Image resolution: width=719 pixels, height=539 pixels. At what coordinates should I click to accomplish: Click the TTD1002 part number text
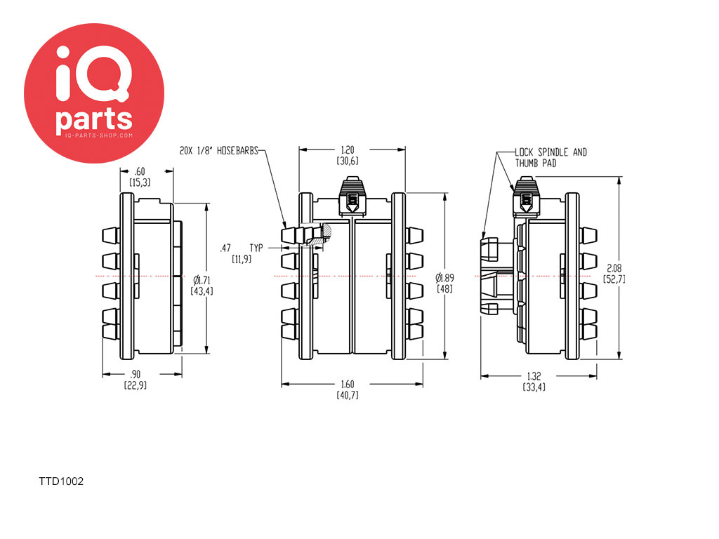61,481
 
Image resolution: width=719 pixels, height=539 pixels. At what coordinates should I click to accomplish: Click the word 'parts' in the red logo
94,120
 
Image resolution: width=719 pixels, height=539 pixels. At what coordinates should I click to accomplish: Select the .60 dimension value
140,171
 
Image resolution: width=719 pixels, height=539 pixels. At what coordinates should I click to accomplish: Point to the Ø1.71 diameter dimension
202,280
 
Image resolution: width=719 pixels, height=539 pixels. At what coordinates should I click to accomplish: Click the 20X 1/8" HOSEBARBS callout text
219,151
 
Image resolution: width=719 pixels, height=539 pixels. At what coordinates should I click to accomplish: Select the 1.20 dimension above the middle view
348,150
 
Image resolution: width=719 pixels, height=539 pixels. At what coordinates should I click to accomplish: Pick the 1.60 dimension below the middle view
348,384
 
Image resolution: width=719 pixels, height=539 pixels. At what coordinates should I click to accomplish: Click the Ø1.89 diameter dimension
444,278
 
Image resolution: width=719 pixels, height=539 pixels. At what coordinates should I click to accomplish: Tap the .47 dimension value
225,248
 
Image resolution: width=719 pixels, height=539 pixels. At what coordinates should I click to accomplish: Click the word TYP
256,248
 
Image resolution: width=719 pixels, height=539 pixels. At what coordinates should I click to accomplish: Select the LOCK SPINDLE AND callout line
550,152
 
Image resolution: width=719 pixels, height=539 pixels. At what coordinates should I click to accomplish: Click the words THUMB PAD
536,163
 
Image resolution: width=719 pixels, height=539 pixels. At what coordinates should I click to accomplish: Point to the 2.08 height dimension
614,268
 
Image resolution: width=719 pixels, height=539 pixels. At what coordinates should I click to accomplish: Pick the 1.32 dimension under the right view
534,376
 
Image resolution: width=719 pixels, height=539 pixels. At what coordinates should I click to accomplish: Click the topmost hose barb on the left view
111,236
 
